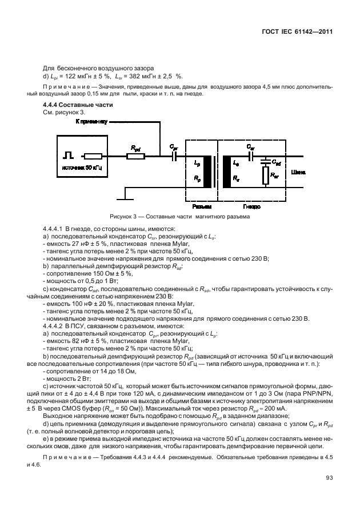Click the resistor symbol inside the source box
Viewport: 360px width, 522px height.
(93, 156)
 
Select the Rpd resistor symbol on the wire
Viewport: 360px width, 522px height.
(135, 155)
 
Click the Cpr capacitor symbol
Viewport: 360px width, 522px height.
(174, 155)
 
